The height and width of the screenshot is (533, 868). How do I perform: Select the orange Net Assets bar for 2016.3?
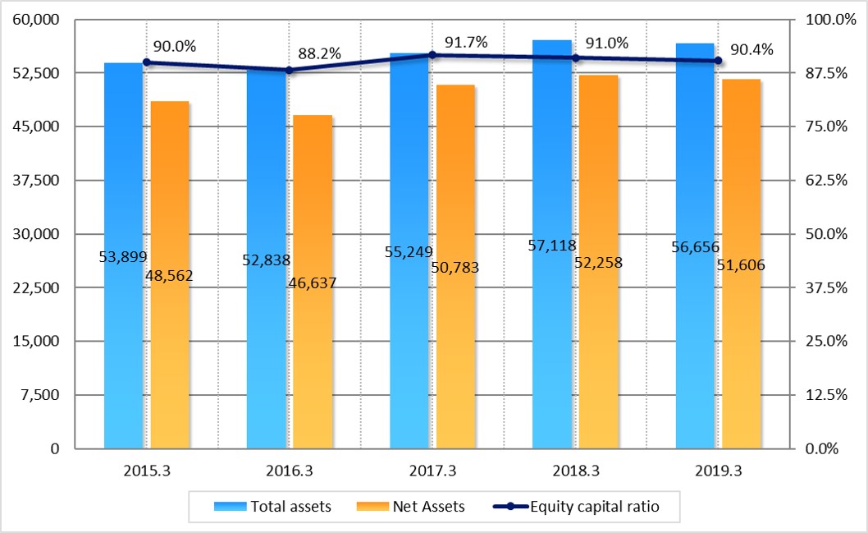point(313,361)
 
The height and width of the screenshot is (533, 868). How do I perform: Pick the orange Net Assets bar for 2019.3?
point(741,361)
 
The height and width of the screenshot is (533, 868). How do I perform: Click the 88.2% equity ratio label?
point(319,53)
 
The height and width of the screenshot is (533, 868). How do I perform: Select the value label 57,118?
point(551,245)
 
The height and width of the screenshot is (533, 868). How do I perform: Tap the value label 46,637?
point(313,283)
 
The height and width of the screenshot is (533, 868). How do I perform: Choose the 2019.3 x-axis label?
point(718,472)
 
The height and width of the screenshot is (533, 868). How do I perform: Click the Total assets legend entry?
point(272,507)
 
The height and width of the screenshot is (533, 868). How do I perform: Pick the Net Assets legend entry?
point(412,507)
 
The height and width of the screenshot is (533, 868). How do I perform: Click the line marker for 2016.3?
point(289,70)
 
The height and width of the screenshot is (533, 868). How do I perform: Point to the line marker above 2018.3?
point(575,57)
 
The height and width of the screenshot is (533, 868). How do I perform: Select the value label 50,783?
point(455,267)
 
